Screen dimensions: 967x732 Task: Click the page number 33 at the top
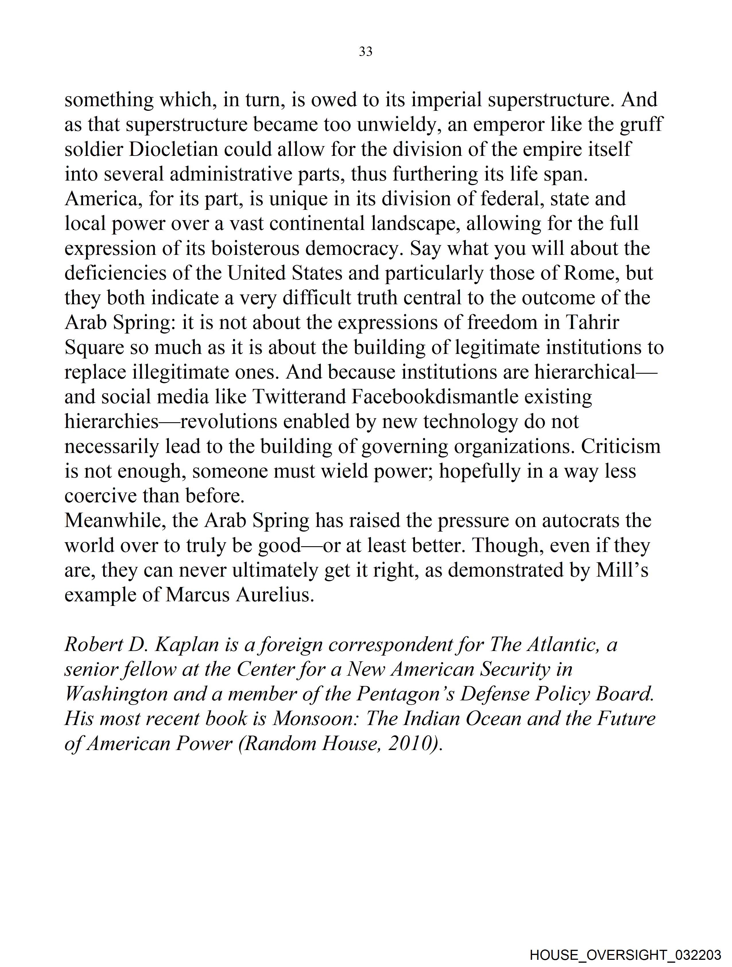pyautogui.click(x=365, y=52)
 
